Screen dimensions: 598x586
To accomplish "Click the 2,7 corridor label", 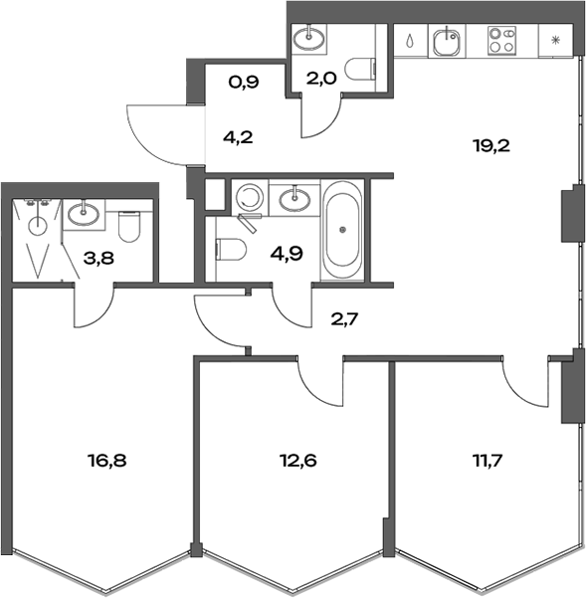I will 345,319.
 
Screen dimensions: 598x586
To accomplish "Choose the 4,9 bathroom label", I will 287,251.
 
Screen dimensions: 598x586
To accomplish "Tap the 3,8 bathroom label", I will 98,259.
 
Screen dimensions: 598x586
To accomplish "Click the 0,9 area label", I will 244,83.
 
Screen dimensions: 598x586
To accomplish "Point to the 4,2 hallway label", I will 239,137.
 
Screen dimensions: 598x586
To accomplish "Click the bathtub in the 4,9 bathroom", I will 343,230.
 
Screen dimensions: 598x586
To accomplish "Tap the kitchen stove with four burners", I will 501,41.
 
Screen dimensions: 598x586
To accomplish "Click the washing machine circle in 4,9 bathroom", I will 248,197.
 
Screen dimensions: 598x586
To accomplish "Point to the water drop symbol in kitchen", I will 411,42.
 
